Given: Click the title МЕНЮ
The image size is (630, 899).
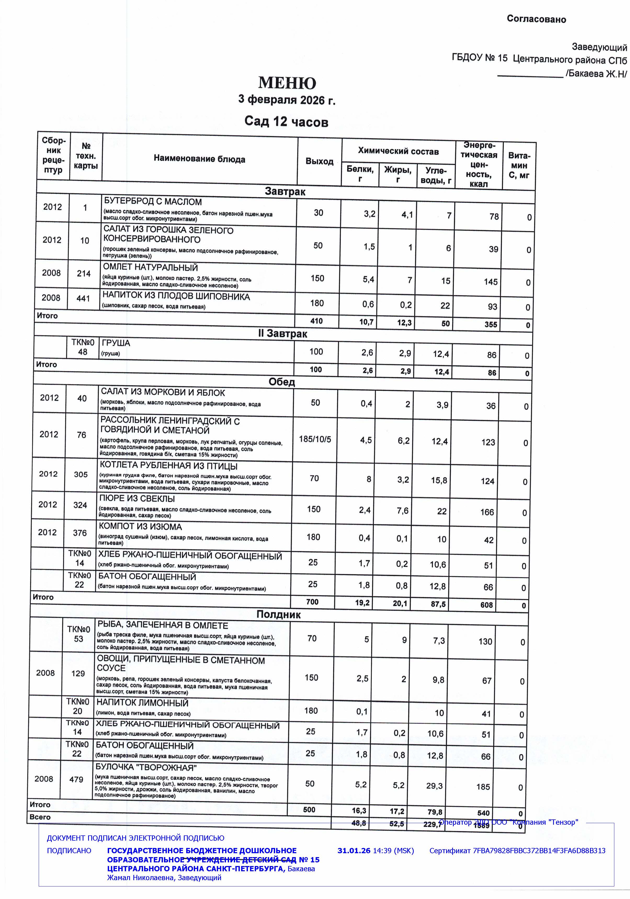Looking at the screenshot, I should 287,83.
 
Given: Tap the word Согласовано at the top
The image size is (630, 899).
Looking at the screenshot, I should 536,19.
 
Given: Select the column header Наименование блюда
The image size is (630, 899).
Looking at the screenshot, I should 199,159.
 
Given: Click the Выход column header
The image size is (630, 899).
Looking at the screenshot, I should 319,161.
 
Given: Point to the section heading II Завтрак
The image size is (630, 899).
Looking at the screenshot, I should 282,334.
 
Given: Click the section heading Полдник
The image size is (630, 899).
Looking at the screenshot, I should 278,614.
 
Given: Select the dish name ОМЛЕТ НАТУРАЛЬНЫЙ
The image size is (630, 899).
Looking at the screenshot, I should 150,268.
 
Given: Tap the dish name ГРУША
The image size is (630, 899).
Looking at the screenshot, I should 116,343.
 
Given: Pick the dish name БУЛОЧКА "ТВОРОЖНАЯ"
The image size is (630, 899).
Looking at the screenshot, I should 146,767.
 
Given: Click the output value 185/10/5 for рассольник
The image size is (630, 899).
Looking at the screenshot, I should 315,439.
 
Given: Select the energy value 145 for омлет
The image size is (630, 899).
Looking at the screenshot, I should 490,282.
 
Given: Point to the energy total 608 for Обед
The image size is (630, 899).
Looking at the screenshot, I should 486,605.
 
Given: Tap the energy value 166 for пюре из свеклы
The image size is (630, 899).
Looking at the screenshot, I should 487,512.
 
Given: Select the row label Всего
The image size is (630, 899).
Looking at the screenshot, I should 40,817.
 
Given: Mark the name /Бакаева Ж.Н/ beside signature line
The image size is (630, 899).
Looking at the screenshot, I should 596,74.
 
